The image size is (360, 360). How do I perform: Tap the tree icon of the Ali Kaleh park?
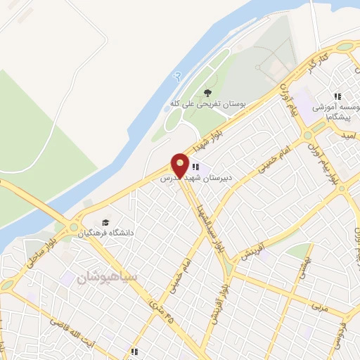coord(207,92)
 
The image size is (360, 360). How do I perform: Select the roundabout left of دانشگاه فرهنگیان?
coord(73,227)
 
